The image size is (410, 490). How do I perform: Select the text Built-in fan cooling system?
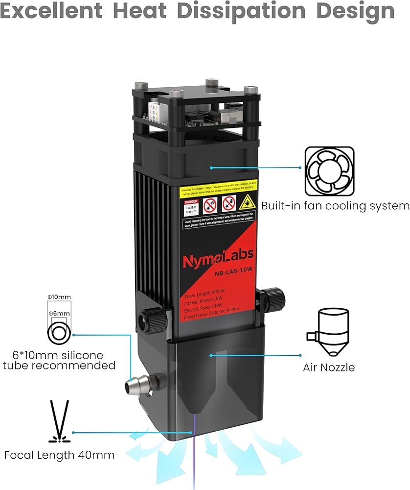tap(335, 206)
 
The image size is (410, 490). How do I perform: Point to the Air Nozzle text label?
tap(329, 367)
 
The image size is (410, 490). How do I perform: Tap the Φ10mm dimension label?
tap(59, 297)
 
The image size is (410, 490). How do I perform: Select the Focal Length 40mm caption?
tap(59, 455)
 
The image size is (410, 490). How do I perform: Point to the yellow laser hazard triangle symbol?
tap(246, 201)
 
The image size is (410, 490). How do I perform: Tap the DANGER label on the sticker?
tap(190, 202)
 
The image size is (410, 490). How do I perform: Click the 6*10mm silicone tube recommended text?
tap(59, 360)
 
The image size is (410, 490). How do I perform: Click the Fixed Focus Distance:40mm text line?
tap(211, 317)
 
